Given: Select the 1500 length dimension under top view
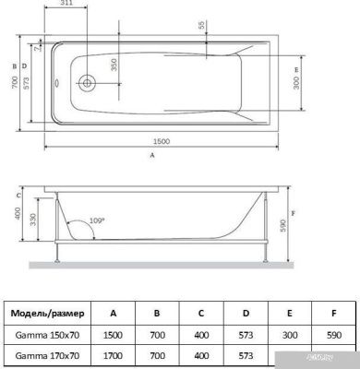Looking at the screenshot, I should coord(152,140).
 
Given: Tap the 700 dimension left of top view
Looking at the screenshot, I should coord(16,83).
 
